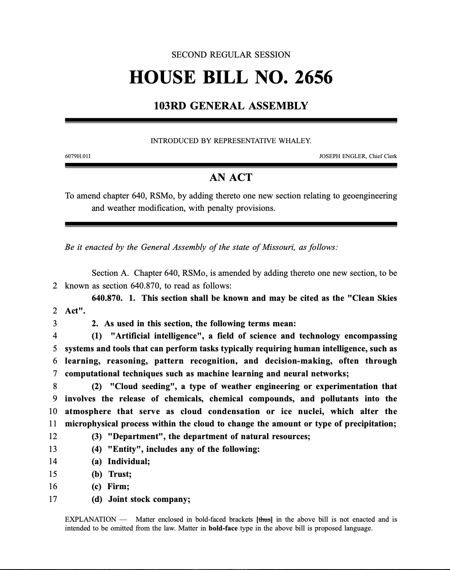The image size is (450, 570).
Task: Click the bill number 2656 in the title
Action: point(314,78)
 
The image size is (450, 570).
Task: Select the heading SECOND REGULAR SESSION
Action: point(231,55)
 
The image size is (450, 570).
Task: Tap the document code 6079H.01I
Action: point(78,156)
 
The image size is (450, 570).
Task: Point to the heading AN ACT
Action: point(231,177)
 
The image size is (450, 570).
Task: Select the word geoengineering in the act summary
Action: point(369,196)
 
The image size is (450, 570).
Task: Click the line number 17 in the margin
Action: point(53,499)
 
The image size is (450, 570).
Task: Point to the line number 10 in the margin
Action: point(53,411)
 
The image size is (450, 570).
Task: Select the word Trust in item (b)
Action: point(120,474)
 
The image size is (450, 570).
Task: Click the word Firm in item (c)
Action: point(118,487)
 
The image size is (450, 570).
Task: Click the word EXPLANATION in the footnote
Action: point(90,519)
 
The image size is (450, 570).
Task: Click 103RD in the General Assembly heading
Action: point(170,106)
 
